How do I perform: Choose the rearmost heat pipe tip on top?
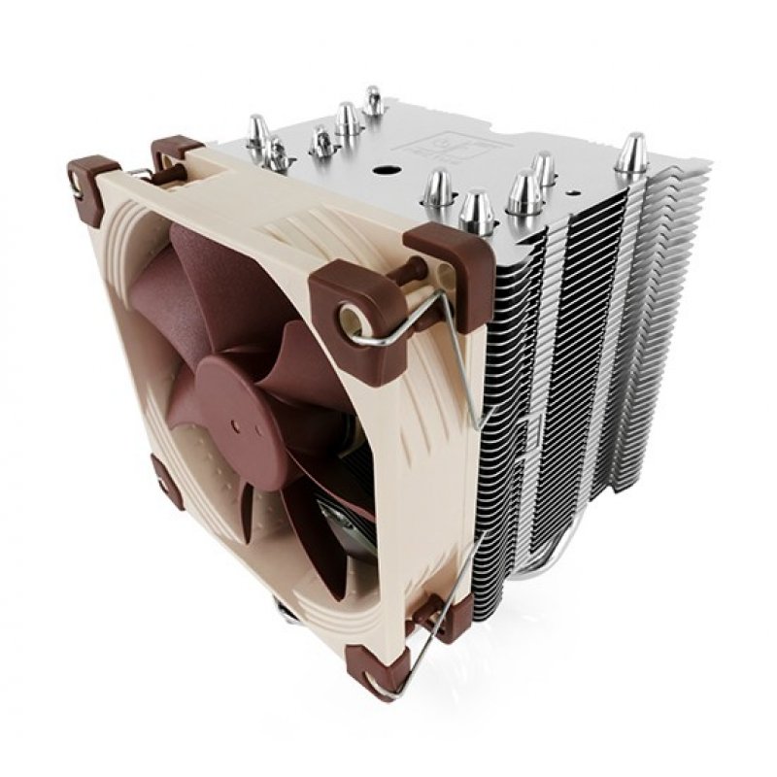(x=373, y=99)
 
